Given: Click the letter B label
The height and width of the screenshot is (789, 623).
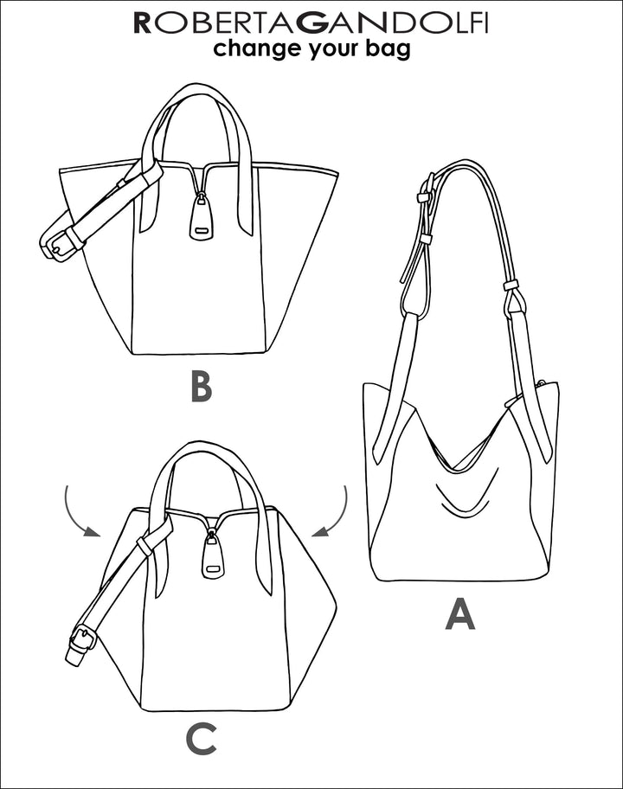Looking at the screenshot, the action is (202, 387).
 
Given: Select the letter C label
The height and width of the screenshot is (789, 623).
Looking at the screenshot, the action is (202, 739).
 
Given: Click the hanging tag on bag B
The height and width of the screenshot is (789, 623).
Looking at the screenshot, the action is (202, 217).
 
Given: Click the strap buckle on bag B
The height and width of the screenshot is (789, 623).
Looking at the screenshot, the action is (57, 244).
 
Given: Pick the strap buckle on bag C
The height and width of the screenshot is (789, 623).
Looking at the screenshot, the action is (82, 639).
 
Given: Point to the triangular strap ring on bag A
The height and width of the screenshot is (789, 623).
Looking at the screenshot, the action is (514, 300).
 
